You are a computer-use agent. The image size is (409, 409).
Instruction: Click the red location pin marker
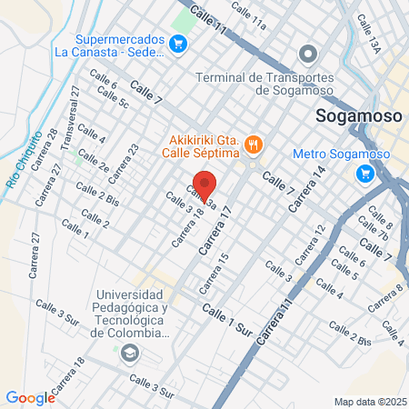click(x=205, y=186)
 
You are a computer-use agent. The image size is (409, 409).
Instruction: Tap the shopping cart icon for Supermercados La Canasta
click(x=179, y=42)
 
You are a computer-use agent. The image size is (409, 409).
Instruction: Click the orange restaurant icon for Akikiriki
click(x=254, y=142)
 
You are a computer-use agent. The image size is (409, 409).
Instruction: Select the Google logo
click(x=30, y=397)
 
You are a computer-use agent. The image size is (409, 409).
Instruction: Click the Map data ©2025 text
click(x=368, y=402)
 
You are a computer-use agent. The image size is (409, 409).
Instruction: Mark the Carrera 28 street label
click(x=46, y=145)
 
